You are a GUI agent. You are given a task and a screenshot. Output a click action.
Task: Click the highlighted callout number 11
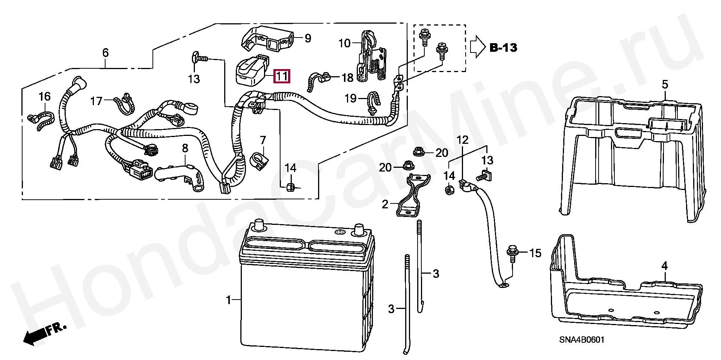pyautogui.click(x=282, y=77)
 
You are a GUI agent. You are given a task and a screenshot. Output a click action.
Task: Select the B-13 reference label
pyautogui.click(x=503, y=48)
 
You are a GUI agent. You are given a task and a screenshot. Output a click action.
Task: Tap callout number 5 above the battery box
pyautogui.click(x=665, y=85)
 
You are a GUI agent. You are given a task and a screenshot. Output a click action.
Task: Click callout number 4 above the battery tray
pyautogui.click(x=665, y=266)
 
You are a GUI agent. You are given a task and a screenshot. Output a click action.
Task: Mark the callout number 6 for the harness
pyautogui.click(x=106, y=53)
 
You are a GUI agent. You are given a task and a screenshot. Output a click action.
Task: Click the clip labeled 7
pyautogui.click(x=259, y=159)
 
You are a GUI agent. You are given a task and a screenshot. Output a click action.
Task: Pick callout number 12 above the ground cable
pyautogui.click(x=463, y=140)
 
